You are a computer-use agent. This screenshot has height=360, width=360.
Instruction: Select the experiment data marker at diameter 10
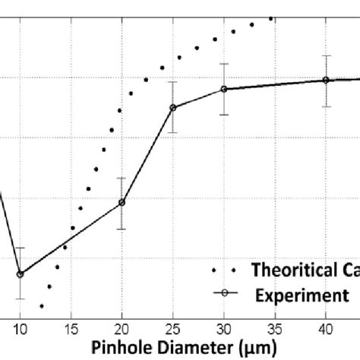[x=21, y=274]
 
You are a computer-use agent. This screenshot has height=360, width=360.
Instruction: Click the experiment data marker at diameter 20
[x=122, y=203]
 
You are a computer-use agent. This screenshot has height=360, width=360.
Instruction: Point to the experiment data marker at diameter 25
[x=172, y=108]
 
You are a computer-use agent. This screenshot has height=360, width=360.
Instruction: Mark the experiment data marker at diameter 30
[x=223, y=90]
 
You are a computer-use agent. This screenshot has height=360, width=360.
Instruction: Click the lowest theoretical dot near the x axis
[x=42, y=306]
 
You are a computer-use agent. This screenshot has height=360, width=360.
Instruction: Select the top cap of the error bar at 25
[x=172, y=82]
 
